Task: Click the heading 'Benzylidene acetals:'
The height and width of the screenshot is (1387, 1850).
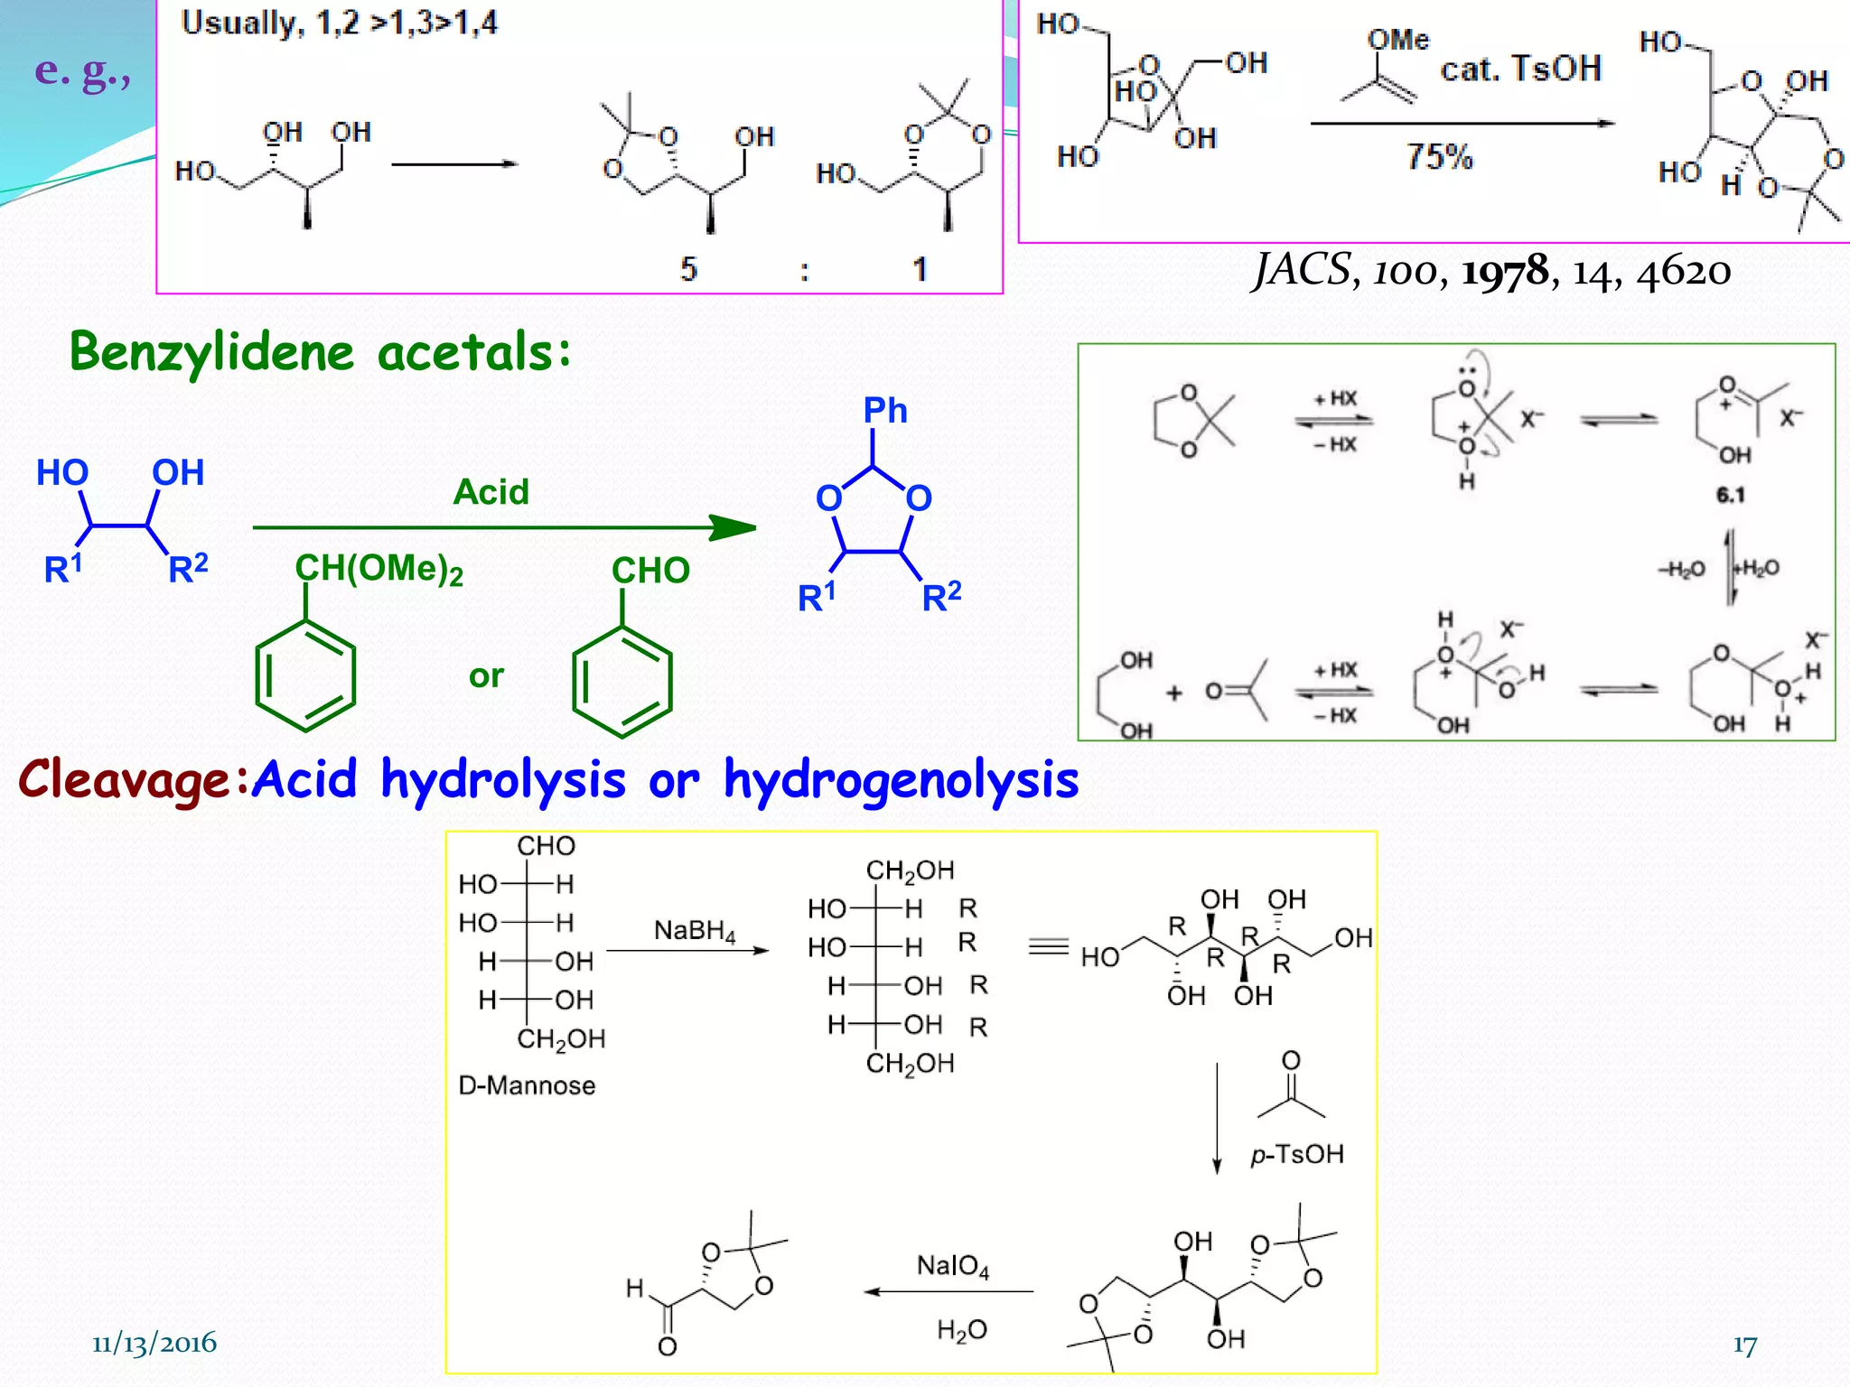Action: [321, 352]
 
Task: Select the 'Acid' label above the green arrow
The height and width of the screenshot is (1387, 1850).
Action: [491, 492]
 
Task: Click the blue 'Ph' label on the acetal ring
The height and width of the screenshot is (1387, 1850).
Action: [885, 411]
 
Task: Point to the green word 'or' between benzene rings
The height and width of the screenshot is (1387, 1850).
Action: [486, 676]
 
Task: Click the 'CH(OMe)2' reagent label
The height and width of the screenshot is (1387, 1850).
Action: [379, 570]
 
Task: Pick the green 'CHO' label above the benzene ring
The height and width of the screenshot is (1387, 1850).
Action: [650, 571]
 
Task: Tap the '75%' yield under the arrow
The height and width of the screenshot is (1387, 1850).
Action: [1439, 157]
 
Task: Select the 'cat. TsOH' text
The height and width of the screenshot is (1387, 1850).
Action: [1520, 69]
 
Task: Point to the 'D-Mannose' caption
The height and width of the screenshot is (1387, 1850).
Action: [527, 1085]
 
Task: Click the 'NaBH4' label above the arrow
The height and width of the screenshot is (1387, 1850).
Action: [695, 931]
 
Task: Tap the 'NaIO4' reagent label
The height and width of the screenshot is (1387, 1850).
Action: [953, 1267]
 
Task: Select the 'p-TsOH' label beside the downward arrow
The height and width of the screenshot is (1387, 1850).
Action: [1297, 1155]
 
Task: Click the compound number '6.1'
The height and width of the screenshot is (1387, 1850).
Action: [1730, 495]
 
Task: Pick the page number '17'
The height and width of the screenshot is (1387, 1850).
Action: [1745, 1345]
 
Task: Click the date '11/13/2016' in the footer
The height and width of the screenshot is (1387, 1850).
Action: [154, 1344]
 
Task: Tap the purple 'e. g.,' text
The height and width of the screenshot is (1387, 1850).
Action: [82, 70]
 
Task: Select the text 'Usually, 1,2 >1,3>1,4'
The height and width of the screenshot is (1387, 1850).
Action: [339, 23]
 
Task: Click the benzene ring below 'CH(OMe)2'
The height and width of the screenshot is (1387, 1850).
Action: [305, 675]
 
